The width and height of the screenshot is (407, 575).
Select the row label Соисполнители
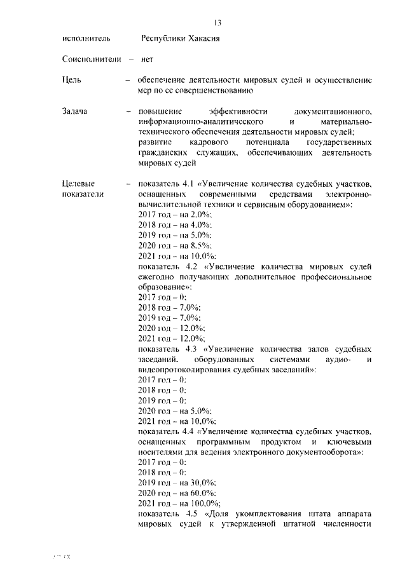coord(92,60)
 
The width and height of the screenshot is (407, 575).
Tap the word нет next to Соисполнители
coord(147,60)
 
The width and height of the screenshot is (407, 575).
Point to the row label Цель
coord(72,80)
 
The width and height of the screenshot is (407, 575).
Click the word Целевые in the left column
coord(78,184)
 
